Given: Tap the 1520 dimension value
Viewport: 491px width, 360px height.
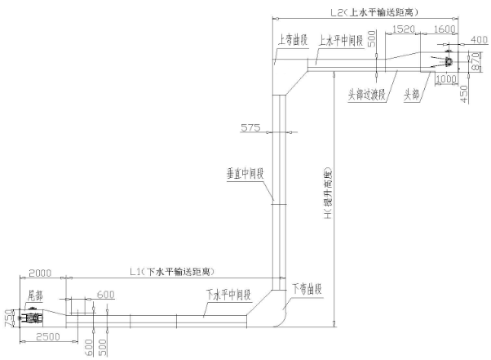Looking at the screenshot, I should click(405, 29).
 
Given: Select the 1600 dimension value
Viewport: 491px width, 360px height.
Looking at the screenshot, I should click(446, 29).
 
